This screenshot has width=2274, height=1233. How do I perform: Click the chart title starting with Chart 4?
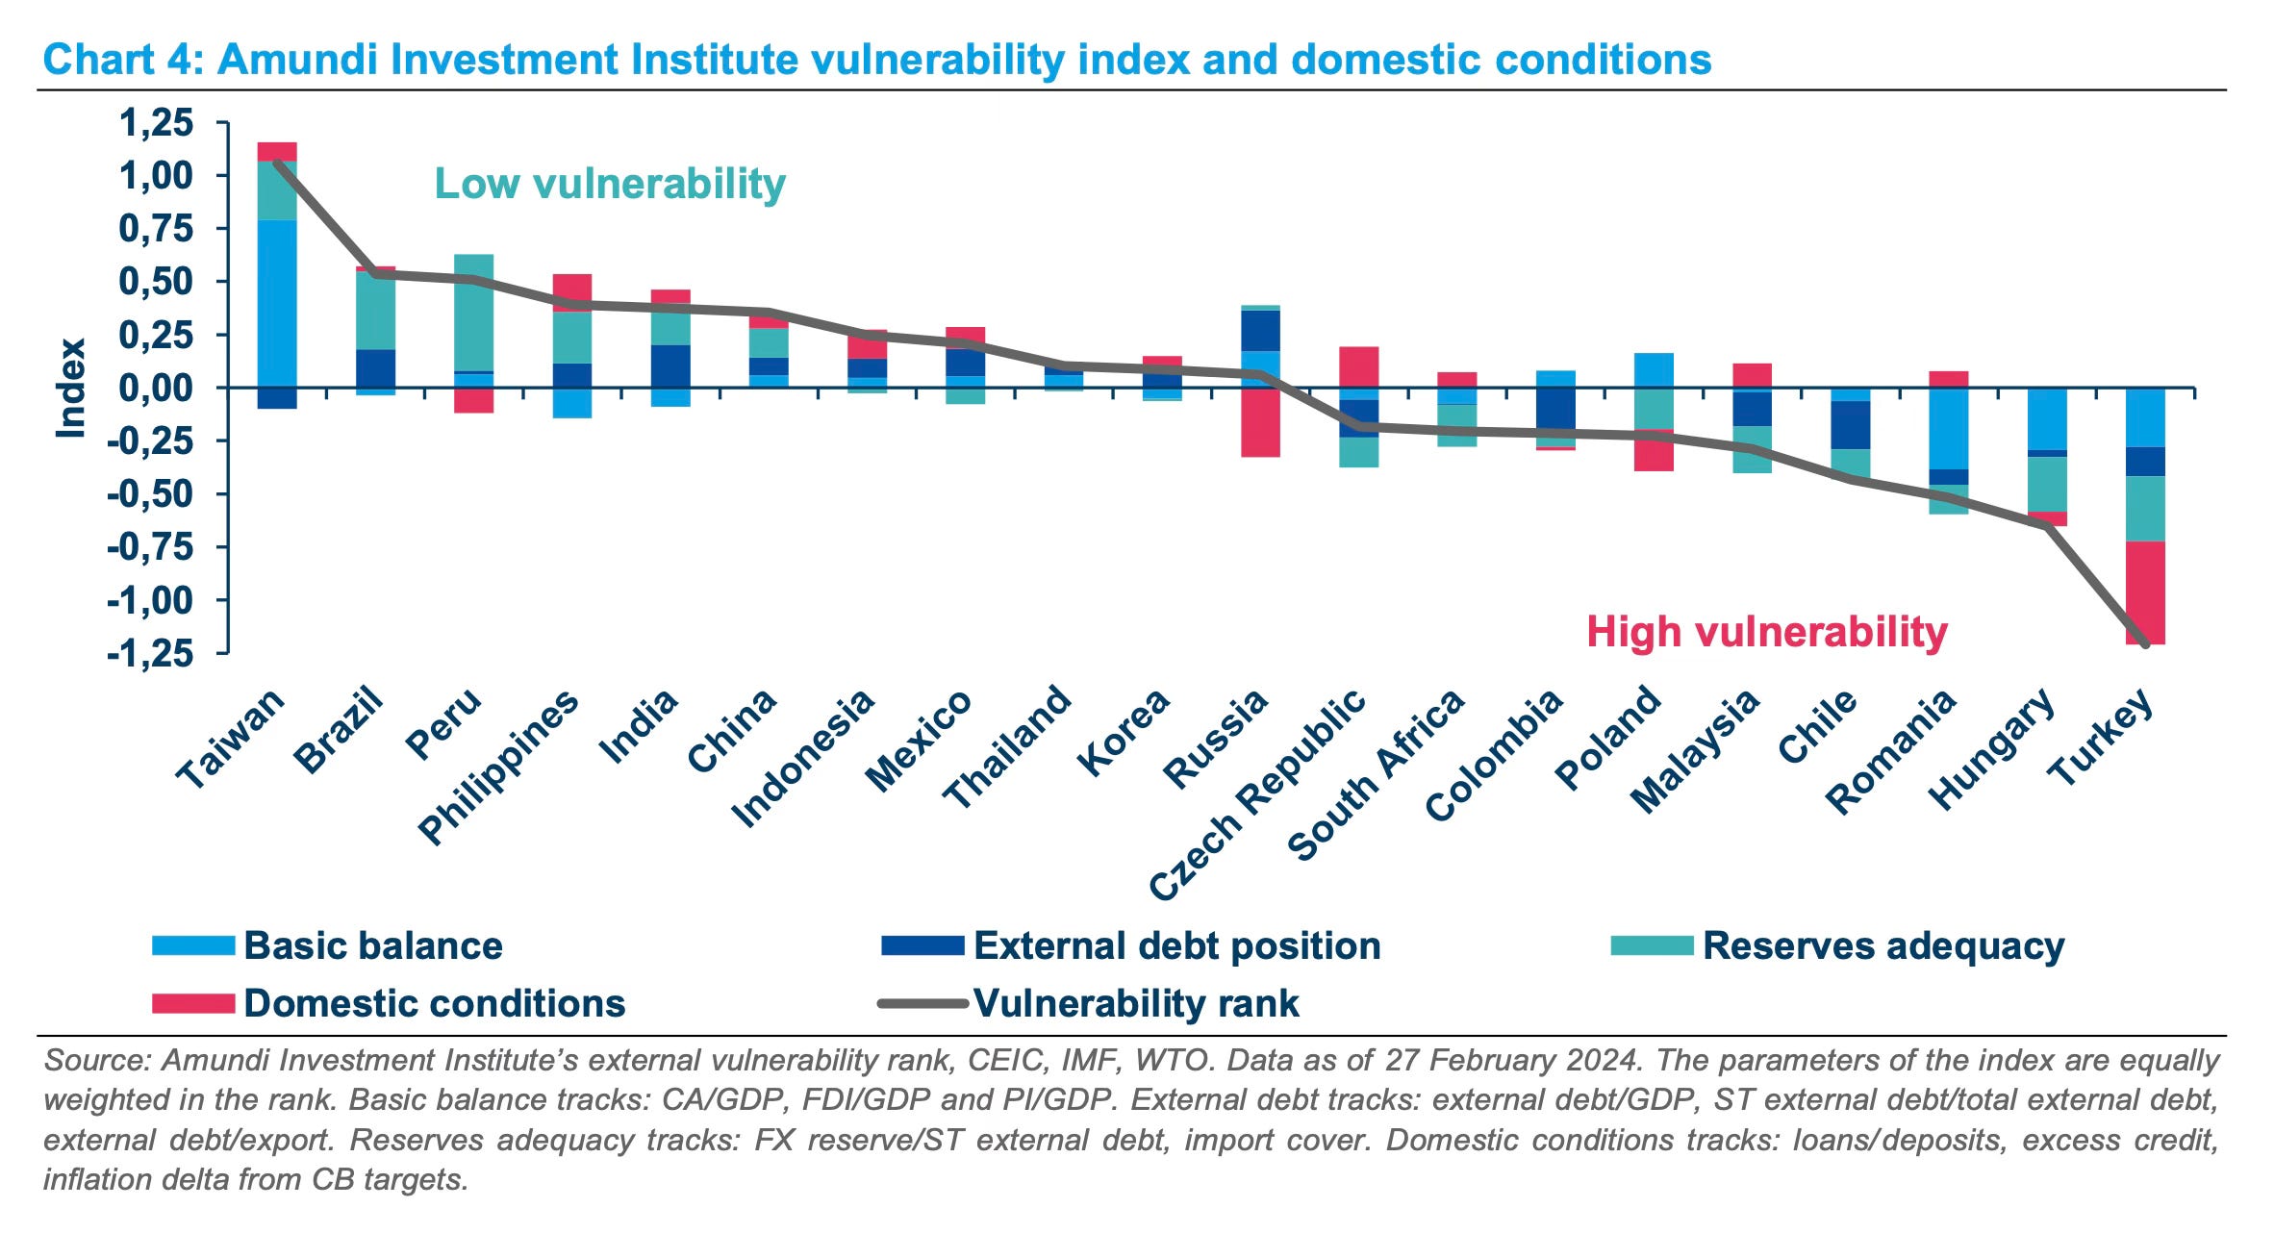coord(876,60)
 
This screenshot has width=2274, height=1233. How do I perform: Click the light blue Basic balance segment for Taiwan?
coord(277,303)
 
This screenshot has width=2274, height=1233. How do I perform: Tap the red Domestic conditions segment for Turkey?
coord(2145,591)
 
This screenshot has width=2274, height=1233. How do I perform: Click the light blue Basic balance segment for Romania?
coord(1948,428)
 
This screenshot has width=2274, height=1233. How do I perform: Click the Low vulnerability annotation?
coord(610,184)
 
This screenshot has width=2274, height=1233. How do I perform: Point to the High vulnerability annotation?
coord(1766,632)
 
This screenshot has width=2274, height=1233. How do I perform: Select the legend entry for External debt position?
coord(1175,945)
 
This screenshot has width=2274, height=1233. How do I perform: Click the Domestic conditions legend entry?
coord(434,1003)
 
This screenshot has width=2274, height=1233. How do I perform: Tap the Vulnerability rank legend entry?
coord(1135,1003)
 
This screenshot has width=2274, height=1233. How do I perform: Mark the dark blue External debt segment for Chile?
coord(1850,424)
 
